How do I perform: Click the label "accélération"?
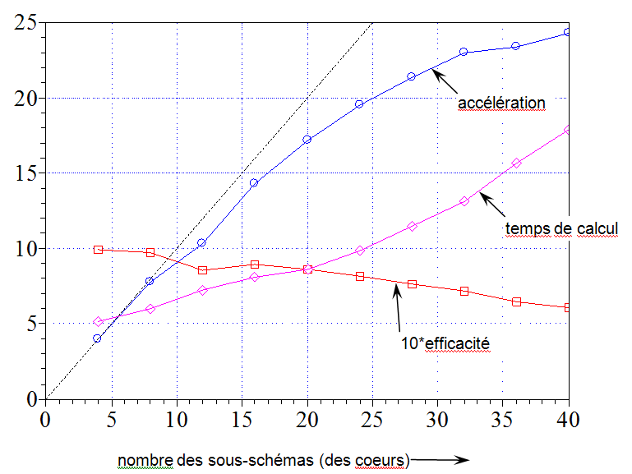click(502, 103)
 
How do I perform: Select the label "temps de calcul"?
click(560, 228)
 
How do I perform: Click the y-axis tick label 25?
click(25, 23)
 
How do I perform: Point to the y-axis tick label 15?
click(25, 173)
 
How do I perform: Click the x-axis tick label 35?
click(503, 418)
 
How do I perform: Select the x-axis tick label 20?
click(307, 418)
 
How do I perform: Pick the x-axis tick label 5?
click(111, 418)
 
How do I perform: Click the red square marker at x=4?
click(98, 249)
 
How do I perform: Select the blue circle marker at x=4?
click(97, 338)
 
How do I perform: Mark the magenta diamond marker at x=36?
click(516, 163)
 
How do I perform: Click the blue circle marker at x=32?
click(464, 52)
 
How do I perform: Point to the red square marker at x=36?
click(516, 301)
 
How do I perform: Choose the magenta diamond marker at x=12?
click(202, 290)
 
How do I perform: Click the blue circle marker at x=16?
click(254, 183)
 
